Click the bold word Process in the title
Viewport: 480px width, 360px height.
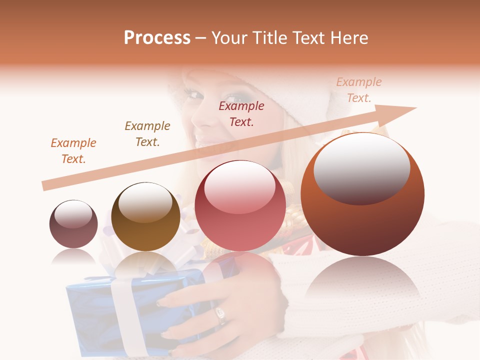pos(157,37)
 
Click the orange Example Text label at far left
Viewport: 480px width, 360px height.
pos(73,151)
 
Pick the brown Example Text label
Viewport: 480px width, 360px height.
pos(147,134)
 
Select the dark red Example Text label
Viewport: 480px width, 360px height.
pos(241,114)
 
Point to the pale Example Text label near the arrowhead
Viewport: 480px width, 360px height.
pos(358,90)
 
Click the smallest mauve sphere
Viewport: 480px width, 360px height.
pos(73,224)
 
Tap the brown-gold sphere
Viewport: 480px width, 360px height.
pos(145,216)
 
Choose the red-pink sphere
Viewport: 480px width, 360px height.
pos(240,206)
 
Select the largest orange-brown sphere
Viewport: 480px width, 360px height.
pos(362,194)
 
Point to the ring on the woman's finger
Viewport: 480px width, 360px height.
pos(220,315)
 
